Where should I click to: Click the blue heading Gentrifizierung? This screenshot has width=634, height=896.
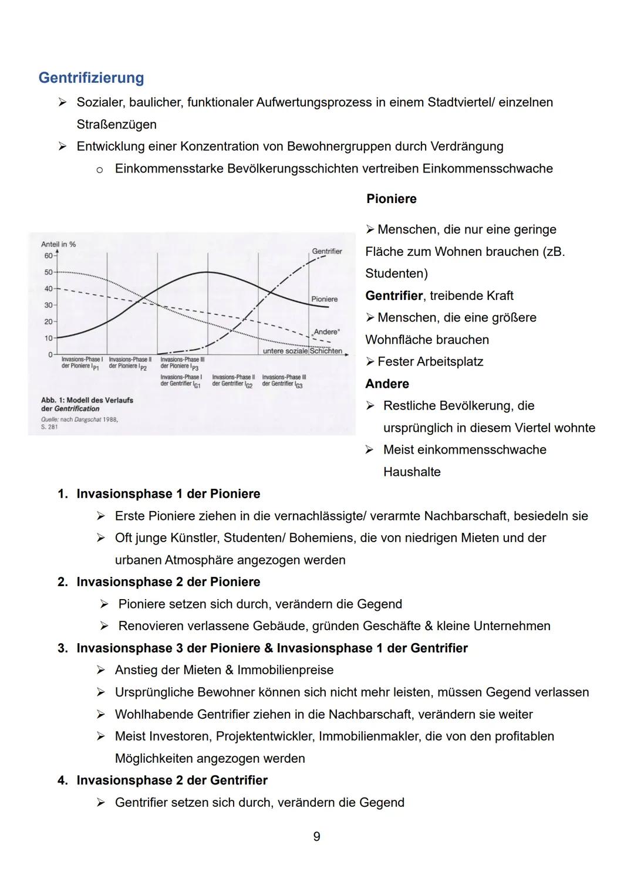tap(91, 77)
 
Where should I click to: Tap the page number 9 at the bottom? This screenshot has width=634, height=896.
tap(317, 836)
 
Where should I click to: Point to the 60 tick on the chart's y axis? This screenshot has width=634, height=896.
tap(47, 256)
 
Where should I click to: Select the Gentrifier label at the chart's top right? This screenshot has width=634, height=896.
tap(326, 251)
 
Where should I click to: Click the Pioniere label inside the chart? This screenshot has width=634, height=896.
tap(324, 299)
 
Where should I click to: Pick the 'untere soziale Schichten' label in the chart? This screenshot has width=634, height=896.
tap(302, 351)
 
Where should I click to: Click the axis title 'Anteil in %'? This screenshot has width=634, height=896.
tap(58, 244)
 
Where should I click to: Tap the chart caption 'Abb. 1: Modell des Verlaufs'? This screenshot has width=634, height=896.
tap(87, 400)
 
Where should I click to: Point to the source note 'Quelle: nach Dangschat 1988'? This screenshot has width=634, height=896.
tap(79, 420)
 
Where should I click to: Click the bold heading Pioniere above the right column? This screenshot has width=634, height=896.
tap(391, 199)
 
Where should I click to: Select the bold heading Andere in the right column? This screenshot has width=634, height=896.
tap(387, 384)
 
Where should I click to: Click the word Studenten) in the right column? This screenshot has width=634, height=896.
tap(396, 273)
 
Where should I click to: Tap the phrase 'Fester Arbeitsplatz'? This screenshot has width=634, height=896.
tap(430, 361)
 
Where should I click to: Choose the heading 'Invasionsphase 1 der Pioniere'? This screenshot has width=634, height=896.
tap(168, 493)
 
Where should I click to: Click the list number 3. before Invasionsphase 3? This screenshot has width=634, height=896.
tap(62, 648)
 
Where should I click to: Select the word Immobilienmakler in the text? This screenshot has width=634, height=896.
tap(369, 736)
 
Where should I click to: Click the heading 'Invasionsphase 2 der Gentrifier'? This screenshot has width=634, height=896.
tap(171, 780)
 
